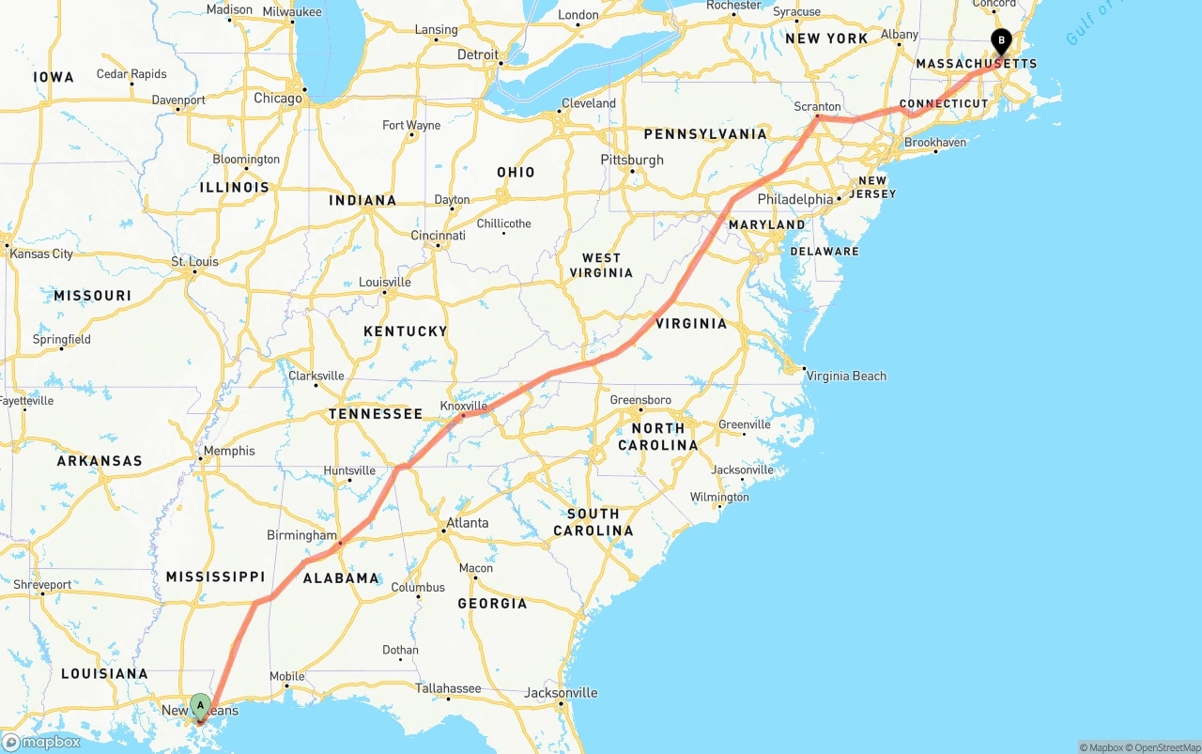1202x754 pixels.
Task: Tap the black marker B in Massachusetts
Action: click(1001, 40)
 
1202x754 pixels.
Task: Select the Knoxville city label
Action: click(464, 406)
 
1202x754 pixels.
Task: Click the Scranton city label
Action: click(817, 106)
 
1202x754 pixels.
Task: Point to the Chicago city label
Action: click(278, 98)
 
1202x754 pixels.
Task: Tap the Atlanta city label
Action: click(467, 523)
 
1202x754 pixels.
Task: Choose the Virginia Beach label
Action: click(846, 376)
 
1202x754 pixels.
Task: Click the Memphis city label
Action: click(229, 451)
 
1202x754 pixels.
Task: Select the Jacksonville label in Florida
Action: click(561, 693)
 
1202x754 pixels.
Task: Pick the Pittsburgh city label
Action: click(632, 160)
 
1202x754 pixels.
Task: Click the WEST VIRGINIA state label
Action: click(601, 265)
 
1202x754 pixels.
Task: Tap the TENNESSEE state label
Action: click(376, 414)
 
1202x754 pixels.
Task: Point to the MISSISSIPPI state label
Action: click(215, 577)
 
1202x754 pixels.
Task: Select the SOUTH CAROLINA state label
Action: click(593, 522)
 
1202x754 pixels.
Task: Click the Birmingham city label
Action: click(301, 535)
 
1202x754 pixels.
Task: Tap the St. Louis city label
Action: click(194, 261)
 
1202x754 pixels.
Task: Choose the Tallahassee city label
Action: click(448, 688)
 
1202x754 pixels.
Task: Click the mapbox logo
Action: click(42, 742)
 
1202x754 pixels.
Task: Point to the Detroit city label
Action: click(478, 54)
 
